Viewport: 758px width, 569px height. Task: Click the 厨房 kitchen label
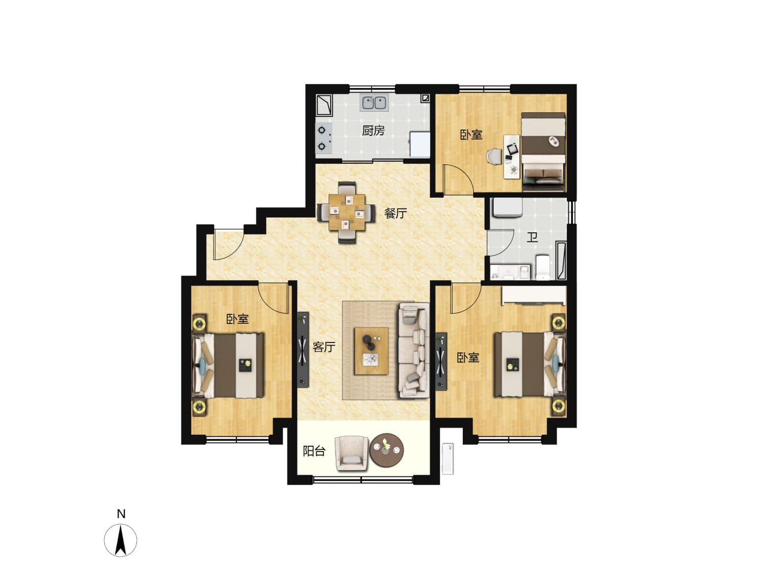[373, 131]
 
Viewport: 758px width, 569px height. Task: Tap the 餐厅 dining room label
[396, 213]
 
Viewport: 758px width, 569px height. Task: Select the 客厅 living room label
[324, 347]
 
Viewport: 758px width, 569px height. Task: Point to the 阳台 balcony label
[314, 451]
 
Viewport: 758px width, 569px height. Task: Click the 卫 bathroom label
[532, 237]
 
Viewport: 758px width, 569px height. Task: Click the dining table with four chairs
[346, 212]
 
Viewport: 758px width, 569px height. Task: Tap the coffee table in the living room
[371, 351]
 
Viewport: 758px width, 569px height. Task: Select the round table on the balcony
[386, 450]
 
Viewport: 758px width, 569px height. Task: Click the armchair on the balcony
[352, 453]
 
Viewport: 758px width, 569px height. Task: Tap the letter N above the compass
[121, 514]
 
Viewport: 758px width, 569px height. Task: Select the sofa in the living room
[414, 350]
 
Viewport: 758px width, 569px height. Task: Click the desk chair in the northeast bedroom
[494, 158]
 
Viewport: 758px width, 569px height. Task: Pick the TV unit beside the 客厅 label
[303, 350]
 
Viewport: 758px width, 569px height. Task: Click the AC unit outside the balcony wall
[447, 459]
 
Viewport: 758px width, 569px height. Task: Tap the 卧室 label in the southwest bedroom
[237, 319]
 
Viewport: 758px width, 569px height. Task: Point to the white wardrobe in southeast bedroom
[534, 296]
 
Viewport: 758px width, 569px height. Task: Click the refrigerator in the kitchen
[420, 144]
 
